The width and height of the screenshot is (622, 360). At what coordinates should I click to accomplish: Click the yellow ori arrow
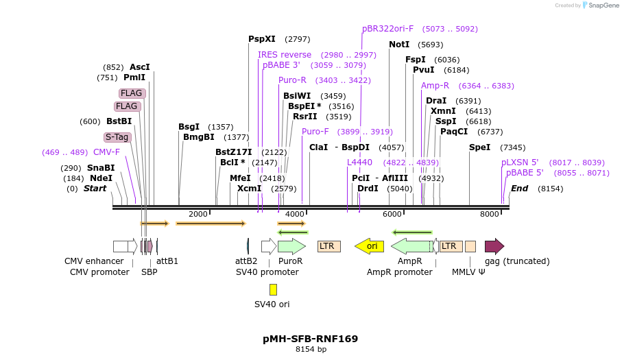[369, 245]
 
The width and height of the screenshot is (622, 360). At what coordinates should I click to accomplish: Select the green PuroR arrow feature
[291, 245]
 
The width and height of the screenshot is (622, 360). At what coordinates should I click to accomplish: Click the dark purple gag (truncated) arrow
[494, 246]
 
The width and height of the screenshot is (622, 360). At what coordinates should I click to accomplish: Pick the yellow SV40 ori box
[273, 289]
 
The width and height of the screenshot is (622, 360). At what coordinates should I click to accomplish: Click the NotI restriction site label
[399, 44]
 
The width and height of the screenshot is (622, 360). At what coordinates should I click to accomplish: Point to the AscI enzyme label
[139, 67]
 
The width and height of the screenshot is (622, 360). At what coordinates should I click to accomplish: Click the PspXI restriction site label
[262, 39]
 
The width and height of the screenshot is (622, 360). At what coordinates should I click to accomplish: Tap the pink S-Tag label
[117, 137]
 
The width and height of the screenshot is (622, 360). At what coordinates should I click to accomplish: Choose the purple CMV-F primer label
[106, 152]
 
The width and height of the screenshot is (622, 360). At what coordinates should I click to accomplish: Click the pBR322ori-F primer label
[387, 29]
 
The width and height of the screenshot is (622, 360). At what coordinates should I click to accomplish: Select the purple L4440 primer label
[359, 163]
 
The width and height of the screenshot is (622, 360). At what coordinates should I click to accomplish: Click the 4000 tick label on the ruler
[295, 214]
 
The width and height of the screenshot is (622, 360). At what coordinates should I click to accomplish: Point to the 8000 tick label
[490, 214]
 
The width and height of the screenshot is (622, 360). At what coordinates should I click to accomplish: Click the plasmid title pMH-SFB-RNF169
[310, 339]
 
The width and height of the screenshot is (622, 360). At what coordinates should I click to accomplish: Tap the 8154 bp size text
[311, 350]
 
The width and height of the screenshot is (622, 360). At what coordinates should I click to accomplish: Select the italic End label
[519, 189]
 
